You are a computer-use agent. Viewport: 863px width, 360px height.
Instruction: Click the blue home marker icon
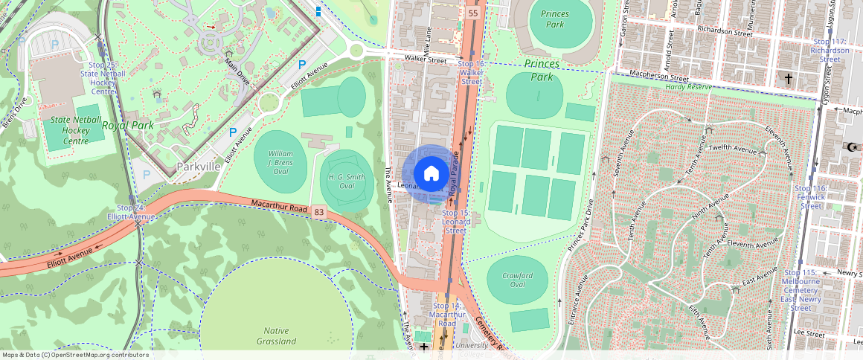[431, 174]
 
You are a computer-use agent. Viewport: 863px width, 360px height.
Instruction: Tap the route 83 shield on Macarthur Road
[319, 213]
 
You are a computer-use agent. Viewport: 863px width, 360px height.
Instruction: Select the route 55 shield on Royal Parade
[473, 14]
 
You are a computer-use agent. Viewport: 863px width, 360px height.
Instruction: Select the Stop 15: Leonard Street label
[455, 222]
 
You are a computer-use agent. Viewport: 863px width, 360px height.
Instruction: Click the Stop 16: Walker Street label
[470, 73]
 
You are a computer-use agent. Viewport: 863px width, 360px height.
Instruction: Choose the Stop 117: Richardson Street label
[830, 51]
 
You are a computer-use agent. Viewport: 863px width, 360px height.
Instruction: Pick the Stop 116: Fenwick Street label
[810, 197]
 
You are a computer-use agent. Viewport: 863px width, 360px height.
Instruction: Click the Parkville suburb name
[199, 167]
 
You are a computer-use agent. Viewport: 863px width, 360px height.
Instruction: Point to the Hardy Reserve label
[687, 87]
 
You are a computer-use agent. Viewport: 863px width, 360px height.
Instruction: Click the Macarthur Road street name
[279, 206]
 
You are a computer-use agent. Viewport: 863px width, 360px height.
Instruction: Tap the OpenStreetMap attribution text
[74, 355]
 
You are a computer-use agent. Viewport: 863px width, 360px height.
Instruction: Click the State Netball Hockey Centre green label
[65, 130]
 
